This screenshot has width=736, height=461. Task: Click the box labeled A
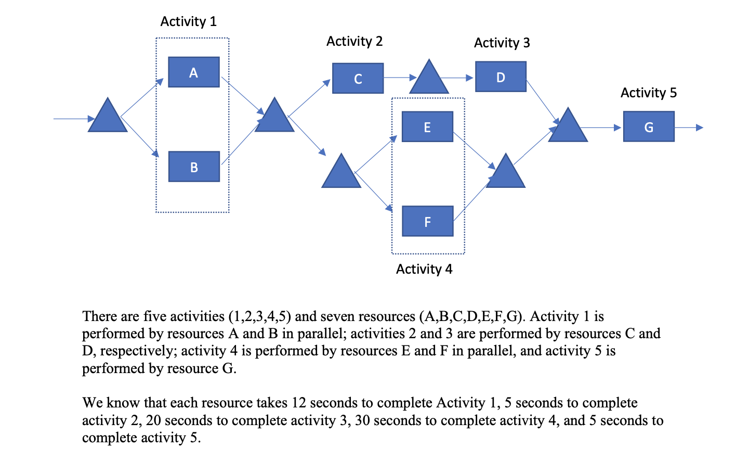click(x=194, y=72)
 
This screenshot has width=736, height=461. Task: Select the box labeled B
click(x=194, y=167)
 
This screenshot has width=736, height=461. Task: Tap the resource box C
click(x=358, y=79)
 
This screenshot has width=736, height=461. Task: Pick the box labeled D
click(x=501, y=77)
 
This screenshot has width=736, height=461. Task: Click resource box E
click(x=427, y=127)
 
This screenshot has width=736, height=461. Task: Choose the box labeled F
click(x=427, y=222)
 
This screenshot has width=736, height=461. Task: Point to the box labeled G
click(x=649, y=127)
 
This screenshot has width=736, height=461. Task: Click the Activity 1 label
click(x=188, y=22)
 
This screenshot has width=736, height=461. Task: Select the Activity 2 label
click(x=354, y=42)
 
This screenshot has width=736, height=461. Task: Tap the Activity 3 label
click(x=502, y=43)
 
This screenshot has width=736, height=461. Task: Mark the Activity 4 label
click(x=424, y=269)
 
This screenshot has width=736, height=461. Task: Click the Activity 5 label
click(x=648, y=93)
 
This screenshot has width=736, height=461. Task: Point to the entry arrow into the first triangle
click(x=71, y=119)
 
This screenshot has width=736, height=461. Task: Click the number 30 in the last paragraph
click(x=362, y=420)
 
